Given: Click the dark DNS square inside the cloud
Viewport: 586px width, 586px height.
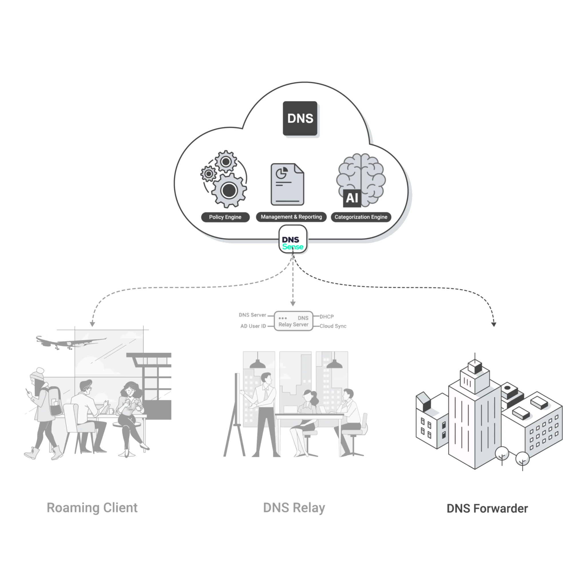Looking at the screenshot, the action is pyautogui.click(x=300, y=118).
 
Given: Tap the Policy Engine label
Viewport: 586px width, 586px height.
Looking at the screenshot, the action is pyautogui.click(x=225, y=217).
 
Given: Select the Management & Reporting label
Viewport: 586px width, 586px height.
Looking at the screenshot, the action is pyautogui.click(x=291, y=217).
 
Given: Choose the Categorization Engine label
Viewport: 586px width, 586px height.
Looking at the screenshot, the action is pyautogui.click(x=361, y=217).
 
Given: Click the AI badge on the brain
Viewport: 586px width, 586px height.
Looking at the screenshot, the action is pyautogui.click(x=352, y=198).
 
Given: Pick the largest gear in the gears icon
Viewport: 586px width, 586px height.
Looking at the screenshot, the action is pyautogui.click(x=229, y=191).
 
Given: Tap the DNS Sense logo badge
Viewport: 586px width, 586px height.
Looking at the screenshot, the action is pyautogui.click(x=293, y=239).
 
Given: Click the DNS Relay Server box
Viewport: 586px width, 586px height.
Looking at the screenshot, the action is pyautogui.click(x=293, y=321).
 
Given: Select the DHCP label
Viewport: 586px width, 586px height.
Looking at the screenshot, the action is pyautogui.click(x=327, y=317).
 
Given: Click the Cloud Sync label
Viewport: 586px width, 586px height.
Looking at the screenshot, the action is pyautogui.click(x=333, y=326).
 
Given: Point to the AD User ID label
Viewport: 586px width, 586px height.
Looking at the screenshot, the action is pyautogui.click(x=253, y=326).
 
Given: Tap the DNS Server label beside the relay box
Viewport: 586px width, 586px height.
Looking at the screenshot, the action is pyautogui.click(x=252, y=315).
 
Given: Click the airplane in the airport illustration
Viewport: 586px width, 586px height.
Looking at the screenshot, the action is pyautogui.click(x=71, y=343).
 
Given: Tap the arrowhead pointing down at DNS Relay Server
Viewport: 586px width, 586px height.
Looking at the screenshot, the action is pyautogui.click(x=293, y=304).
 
